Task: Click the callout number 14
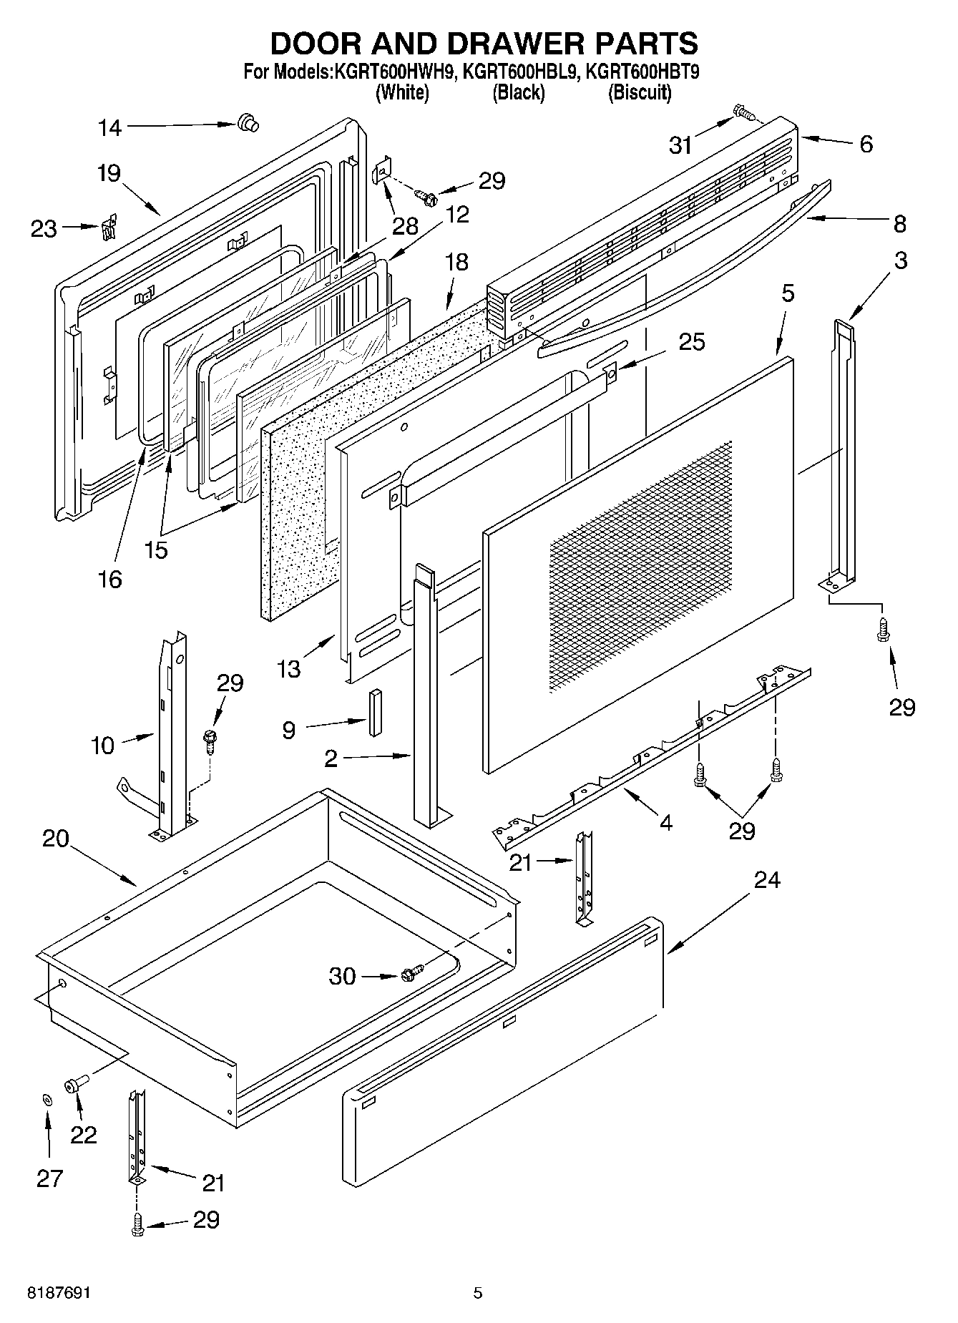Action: [x=110, y=128]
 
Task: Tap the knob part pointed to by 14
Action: [x=248, y=123]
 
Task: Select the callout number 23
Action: [x=44, y=229]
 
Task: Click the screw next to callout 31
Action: [x=743, y=112]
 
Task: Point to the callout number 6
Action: [x=866, y=144]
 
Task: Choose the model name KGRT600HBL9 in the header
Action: [x=519, y=72]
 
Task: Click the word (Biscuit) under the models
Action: [x=640, y=92]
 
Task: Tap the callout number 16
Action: [x=110, y=579]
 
